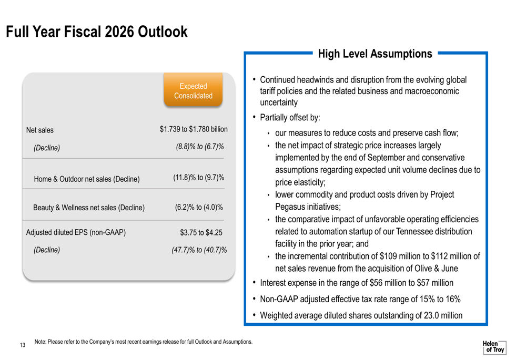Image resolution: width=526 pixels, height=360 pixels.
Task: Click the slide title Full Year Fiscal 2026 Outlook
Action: (x=97, y=32)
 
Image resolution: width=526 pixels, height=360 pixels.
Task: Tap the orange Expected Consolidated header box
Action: (x=193, y=91)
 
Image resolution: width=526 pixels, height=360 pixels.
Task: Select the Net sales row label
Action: (x=40, y=130)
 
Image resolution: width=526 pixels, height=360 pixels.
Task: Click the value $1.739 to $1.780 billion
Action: (x=194, y=129)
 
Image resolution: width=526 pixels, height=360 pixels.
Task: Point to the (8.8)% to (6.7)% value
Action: (x=199, y=147)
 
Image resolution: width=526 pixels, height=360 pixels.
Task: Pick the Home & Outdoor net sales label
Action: (x=87, y=179)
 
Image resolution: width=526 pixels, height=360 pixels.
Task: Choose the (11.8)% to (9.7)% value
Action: (x=198, y=178)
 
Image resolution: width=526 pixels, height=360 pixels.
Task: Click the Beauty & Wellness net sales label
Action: (x=89, y=208)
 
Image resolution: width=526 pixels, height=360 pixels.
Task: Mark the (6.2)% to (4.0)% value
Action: (x=199, y=208)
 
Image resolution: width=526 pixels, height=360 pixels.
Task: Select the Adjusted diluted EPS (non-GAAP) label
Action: (x=76, y=232)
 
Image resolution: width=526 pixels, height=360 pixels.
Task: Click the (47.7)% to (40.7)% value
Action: (x=199, y=250)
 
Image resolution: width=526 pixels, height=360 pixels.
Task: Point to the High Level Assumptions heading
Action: (x=375, y=54)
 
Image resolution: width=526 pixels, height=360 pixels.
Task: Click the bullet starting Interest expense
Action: (x=357, y=283)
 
